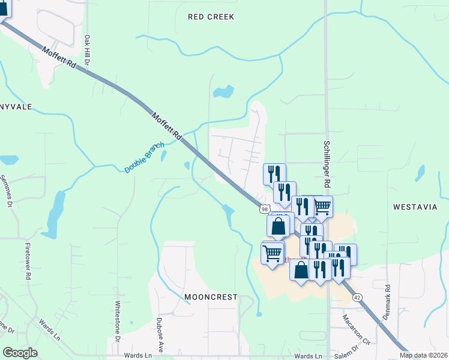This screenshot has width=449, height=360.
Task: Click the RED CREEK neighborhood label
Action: click(211, 17)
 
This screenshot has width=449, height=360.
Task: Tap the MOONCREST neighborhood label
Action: click(211, 297)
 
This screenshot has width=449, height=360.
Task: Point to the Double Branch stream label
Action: click(144, 158)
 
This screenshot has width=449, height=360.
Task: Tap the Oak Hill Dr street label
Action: click(87, 49)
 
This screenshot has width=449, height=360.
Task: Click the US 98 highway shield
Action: click(265, 209)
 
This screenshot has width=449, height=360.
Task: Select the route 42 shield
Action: click(357, 298)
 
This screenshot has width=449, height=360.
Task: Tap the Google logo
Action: click(20, 353)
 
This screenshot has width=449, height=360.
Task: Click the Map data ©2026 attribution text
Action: click(423, 355)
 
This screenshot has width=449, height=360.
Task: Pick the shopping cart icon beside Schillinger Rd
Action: click(322, 206)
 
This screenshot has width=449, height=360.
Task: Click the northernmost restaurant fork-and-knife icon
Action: click(274, 173)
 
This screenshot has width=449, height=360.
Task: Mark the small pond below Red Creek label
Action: click(223, 92)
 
